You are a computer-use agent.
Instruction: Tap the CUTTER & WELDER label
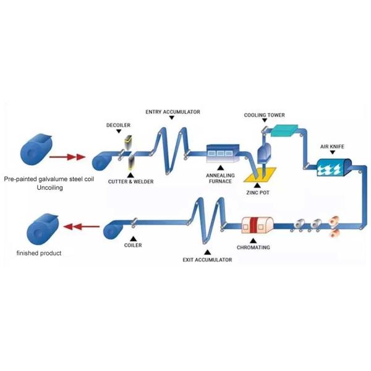tap(130, 182)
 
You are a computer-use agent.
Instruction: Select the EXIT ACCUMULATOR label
tap(207, 260)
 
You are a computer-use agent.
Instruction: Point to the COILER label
tap(133, 245)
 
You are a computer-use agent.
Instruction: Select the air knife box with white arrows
tap(333, 166)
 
